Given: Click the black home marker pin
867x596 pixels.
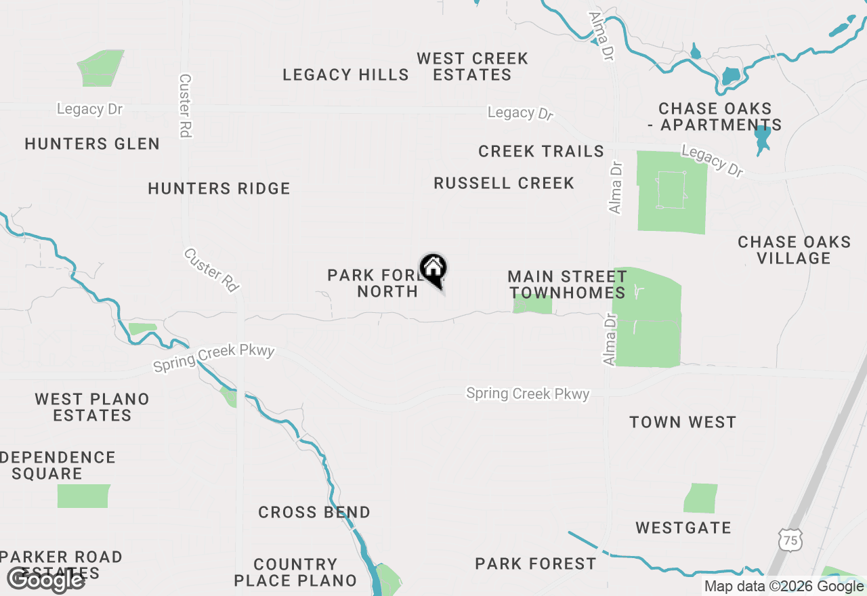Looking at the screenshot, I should pyautogui.click(x=433, y=270).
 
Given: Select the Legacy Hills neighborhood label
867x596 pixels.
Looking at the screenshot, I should pyautogui.click(x=345, y=74).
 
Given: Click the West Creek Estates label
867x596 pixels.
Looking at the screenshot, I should pyautogui.click(x=472, y=66).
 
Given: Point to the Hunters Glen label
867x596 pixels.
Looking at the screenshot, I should pyautogui.click(x=92, y=144).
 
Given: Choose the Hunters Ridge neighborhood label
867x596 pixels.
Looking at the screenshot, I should pyautogui.click(x=219, y=188).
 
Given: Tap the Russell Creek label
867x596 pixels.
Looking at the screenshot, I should pyautogui.click(x=504, y=183).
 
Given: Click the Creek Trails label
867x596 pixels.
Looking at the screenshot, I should pyautogui.click(x=541, y=151).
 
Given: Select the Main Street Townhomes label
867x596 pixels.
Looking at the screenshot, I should pyautogui.click(x=567, y=284).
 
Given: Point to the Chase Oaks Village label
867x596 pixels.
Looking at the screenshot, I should pyautogui.click(x=794, y=250).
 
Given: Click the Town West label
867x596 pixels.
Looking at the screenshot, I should pyautogui.click(x=682, y=422).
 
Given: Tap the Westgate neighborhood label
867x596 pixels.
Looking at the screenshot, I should pyautogui.click(x=683, y=528).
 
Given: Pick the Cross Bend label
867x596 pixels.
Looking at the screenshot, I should pyautogui.click(x=314, y=512).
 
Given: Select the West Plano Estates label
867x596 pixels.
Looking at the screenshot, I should pyautogui.click(x=92, y=407).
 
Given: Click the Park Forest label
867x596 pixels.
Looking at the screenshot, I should pyautogui.click(x=535, y=563).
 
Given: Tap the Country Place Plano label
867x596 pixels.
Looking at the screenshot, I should pyautogui.click(x=295, y=572).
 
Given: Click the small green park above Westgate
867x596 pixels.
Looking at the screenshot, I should pyautogui.click(x=700, y=498).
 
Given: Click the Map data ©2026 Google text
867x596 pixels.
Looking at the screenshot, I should pyautogui.click(x=783, y=587).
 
